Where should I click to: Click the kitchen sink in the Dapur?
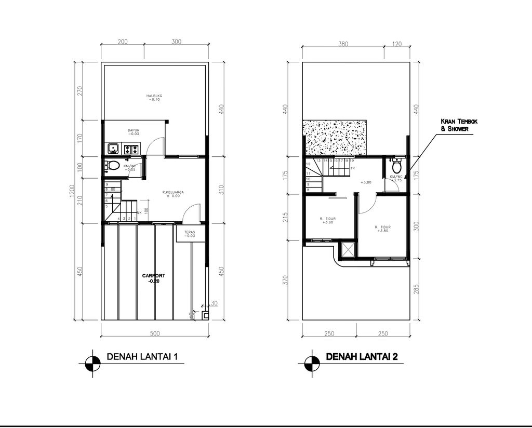click(113, 150)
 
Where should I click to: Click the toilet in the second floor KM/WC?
click(397, 167)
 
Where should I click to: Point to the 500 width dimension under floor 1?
click(154, 332)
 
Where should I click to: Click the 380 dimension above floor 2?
click(343, 44)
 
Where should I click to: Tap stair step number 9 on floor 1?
click(107, 184)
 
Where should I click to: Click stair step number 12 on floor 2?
click(308, 164)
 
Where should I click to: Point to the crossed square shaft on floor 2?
click(347, 250)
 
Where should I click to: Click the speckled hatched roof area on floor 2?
click(336, 137)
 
